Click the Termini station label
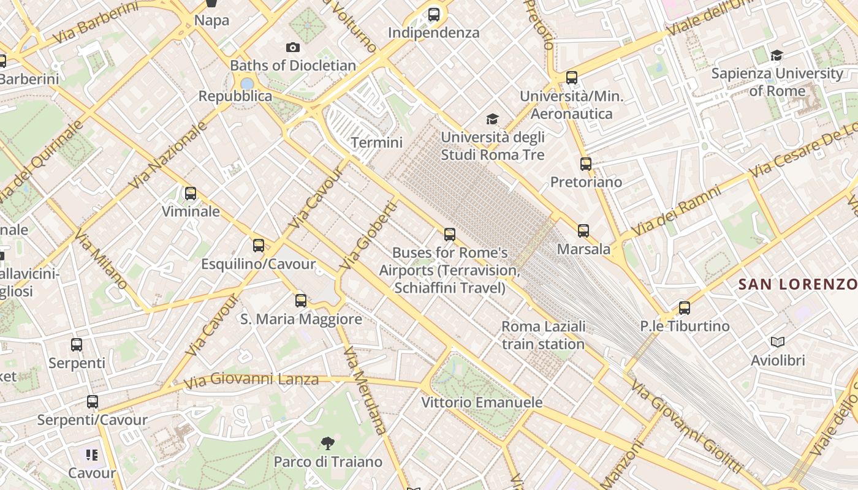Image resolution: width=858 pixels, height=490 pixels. pos(376,143)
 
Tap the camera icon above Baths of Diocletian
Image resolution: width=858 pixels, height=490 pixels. pos(293,47)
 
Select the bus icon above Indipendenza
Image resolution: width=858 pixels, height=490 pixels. pos(434,14)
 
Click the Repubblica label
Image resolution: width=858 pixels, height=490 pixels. pos(235,96)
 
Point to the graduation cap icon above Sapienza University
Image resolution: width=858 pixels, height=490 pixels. pos(776,55)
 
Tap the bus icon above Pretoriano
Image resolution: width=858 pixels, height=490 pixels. pos(586,164)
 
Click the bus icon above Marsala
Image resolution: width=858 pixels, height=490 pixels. pos(583,231)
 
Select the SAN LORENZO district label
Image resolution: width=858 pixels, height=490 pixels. pos(797,284)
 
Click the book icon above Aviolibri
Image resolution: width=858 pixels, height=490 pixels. pos(778,342)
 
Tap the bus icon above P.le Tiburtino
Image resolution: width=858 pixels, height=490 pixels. pos(685,308)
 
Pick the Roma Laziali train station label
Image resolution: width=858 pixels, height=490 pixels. pos(544,335)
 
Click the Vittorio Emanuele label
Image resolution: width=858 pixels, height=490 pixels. pos(482,402)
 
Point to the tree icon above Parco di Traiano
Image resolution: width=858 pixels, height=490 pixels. pos(328,443)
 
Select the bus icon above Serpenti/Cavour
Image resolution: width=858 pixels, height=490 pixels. pos(93,402)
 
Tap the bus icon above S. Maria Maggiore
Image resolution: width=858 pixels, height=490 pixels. pos(301,301)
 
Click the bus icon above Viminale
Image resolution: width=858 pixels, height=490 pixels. pos(191,194)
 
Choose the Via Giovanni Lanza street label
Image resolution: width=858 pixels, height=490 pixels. pos(251,380)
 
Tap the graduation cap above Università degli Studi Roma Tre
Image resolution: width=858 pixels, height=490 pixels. pos(492,119)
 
